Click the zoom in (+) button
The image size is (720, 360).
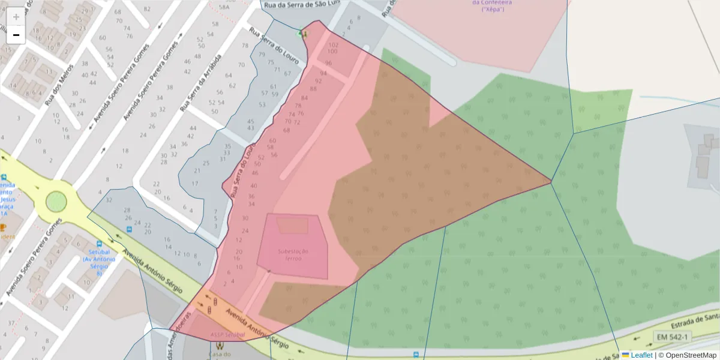coord(16,17)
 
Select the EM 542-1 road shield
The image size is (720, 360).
coord(672,337)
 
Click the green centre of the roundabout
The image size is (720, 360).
coord(56,201)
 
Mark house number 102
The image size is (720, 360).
coord(334,45)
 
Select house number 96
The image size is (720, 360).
coord(328,63)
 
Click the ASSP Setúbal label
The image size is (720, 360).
coord(223,334)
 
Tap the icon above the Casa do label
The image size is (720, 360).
coord(219,346)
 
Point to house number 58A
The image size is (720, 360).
coord(224,7)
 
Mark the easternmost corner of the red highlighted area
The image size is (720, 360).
coord(551,181)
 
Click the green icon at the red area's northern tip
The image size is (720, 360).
coord(299,34)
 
